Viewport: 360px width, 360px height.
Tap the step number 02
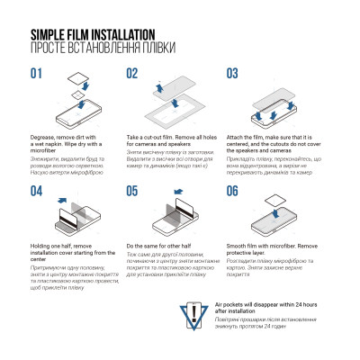[132, 73]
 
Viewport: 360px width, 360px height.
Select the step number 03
[231, 73]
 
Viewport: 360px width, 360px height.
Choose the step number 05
[132, 190]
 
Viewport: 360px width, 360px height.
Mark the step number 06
[231, 190]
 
